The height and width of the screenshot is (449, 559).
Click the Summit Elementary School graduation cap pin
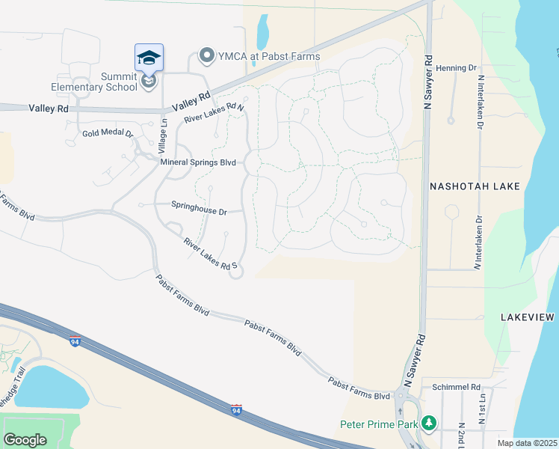[x=149, y=58]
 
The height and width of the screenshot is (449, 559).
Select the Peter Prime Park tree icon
[x=429, y=424]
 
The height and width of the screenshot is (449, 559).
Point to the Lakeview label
[x=527, y=318]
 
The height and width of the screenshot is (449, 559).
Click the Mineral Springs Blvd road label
[x=198, y=162]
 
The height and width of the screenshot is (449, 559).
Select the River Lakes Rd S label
[x=211, y=254]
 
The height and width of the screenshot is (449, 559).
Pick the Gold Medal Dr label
[x=108, y=135]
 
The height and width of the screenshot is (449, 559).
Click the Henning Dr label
[x=457, y=68]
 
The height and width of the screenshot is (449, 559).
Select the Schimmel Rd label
[x=456, y=387]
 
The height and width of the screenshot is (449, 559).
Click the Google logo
[x=25, y=439]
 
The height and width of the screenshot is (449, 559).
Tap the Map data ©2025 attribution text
[x=528, y=443]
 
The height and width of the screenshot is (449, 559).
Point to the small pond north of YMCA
[x=262, y=32]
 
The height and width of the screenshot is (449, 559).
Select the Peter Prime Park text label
[x=378, y=424]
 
